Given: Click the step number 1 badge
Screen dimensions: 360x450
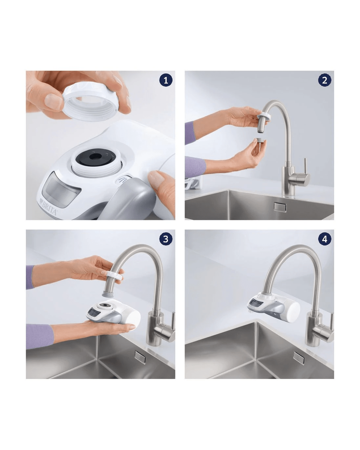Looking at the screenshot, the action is [166, 80].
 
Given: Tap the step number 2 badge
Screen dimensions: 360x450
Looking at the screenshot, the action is [325, 80].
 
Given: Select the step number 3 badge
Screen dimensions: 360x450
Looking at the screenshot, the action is [166, 239].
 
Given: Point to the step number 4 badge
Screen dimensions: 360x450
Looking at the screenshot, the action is [325, 239].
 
